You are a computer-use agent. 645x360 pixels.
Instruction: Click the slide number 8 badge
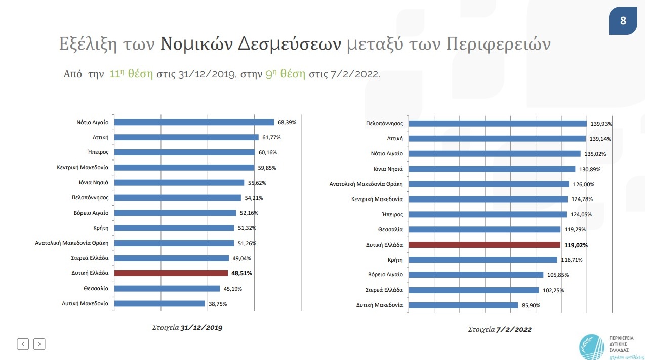point(623,21)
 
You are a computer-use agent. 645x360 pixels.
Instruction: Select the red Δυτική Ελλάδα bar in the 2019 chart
point(171,273)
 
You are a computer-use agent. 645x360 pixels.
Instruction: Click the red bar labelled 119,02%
point(484,245)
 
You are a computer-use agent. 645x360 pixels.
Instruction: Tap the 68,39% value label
point(287,122)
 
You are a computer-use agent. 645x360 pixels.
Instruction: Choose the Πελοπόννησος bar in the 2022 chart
point(497,124)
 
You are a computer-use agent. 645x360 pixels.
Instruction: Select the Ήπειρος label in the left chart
point(98,152)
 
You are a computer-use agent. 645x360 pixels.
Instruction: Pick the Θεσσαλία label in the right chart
point(390,229)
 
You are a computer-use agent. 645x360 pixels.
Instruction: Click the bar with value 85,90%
point(463,305)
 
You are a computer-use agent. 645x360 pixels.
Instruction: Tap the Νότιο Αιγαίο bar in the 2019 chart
point(194,122)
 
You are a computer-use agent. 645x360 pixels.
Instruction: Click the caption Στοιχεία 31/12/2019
point(187,328)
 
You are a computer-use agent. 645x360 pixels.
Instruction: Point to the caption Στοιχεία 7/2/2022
point(500,330)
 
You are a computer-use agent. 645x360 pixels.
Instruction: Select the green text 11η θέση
point(131,74)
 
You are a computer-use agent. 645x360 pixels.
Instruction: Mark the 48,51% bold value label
point(241,273)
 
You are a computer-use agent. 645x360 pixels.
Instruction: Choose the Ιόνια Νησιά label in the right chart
point(388,169)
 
